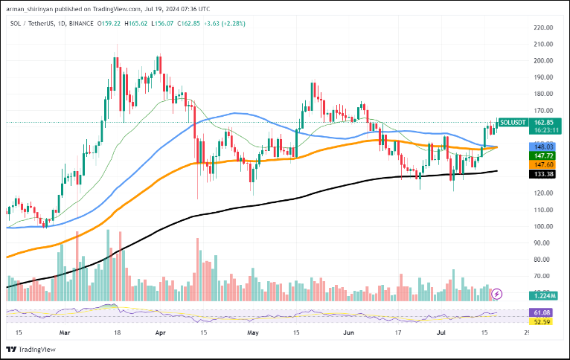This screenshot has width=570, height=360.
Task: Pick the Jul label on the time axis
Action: point(441,334)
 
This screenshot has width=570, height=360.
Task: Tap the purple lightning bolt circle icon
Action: point(497,295)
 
